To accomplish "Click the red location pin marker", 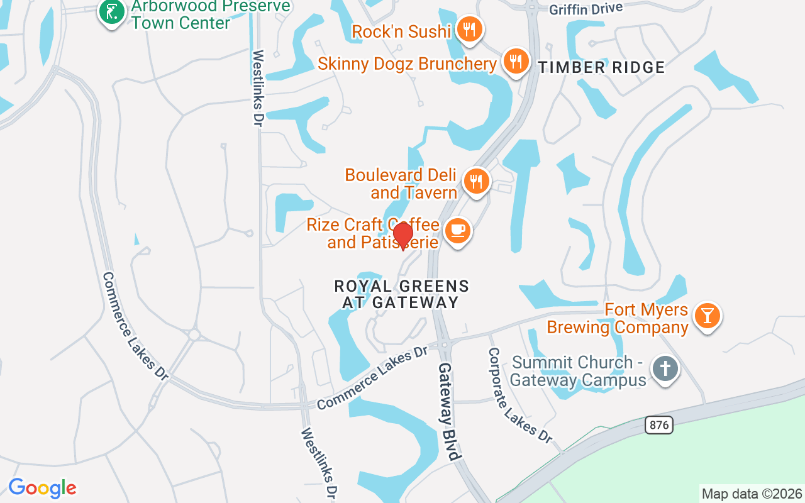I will (x=402, y=235).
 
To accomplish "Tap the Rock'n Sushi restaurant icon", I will (x=469, y=29).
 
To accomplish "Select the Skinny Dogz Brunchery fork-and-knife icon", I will (x=516, y=61).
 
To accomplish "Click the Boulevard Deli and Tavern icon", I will (x=477, y=181).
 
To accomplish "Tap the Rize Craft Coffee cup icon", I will (x=457, y=230).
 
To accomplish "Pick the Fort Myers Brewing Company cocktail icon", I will (x=708, y=316).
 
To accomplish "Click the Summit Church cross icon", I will (x=665, y=368).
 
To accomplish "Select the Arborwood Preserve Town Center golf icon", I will (x=112, y=12).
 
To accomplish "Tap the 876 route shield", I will (x=658, y=425).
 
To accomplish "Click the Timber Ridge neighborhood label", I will (x=601, y=68).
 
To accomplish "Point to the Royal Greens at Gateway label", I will (x=401, y=294).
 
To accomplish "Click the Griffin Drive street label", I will (x=586, y=9).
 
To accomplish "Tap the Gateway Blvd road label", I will (x=450, y=412).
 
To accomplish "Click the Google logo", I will (x=42, y=488).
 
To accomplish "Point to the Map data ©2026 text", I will (x=752, y=494).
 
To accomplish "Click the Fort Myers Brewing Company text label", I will (x=617, y=318).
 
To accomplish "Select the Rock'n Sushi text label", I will (x=401, y=31).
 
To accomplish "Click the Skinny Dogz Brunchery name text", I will (x=407, y=64).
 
